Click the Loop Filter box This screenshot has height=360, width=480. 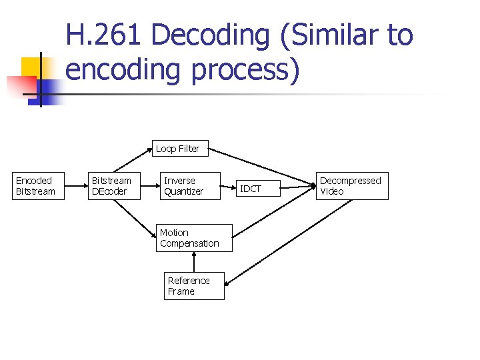tap(177, 149)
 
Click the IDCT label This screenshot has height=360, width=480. tap(251, 189)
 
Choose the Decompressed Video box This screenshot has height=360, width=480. tap(351, 186)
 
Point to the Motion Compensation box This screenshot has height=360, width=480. tap(194, 238)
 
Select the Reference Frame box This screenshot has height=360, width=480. tap(194, 286)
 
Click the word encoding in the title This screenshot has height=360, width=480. tap(124, 70)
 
